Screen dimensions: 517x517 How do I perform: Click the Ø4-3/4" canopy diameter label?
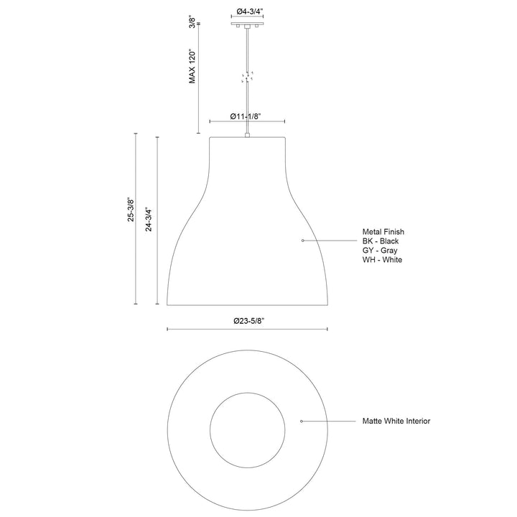(x=248, y=12)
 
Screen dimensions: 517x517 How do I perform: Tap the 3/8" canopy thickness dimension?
(x=192, y=23)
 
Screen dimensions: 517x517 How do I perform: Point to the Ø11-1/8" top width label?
(x=247, y=116)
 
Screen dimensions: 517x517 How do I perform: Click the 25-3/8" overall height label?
(x=131, y=210)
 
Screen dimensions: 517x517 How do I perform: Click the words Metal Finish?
(x=383, y=232)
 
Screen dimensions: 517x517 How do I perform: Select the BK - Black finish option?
(x=381, y=241)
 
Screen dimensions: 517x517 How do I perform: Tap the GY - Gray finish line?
(x=380, y=251)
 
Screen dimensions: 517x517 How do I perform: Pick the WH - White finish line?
(x=382, y=259)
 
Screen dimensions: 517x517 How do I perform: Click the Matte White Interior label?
(x=396, y=421)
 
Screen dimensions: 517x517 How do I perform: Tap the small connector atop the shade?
(x=248, y=134)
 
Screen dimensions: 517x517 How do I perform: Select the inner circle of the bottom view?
(x=248, y=421)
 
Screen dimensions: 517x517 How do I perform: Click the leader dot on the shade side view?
(x=302, y=240)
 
